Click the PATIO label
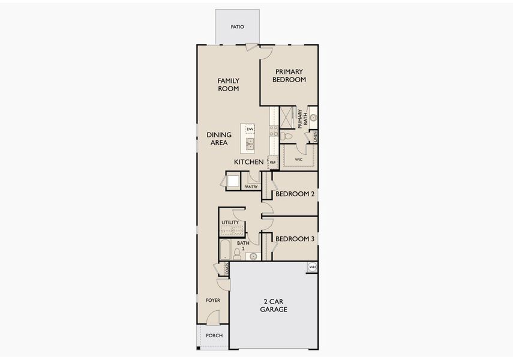[x=238, y=27]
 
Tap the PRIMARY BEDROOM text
[x=289, y=76]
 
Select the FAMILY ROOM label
[x=228, y=85]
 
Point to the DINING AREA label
[x=219, y=139]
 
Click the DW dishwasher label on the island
[x=250, y=129]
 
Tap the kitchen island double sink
[x=249, y=143]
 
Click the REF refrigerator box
[x=272, y=162]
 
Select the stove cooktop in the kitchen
[x=274, y=130]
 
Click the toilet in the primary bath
[x=287, y=137]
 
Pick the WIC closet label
[x=298, y=160]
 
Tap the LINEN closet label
[x=314, y=136]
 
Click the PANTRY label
[x=251, y=187]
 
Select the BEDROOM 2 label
[x=295, y=194]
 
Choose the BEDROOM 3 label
[x=295, y=239]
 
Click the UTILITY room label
[x=230, y=223]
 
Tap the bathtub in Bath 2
[x=225, y=250]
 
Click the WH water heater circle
[x=312, y=267]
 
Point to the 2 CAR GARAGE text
[x=274, y=305]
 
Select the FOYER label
[x=212, y=300]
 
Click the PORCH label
[x=213, y=336]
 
